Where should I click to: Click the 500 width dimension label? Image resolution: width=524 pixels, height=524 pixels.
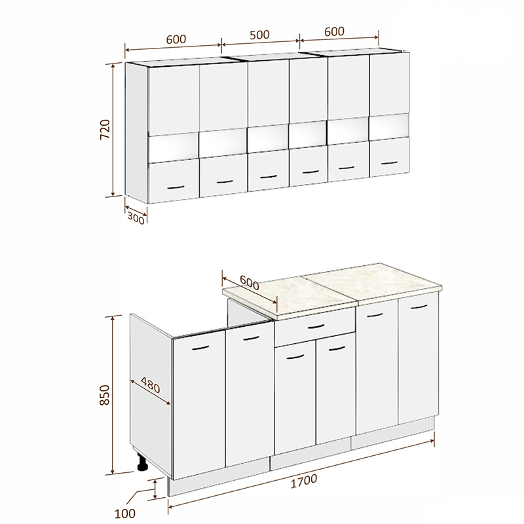click(259, 35)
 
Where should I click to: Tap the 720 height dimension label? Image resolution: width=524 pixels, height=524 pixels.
click(105, 129)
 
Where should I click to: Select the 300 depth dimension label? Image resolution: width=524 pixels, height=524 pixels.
click(136, 219)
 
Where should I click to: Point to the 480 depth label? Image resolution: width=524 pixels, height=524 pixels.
click(151, 385)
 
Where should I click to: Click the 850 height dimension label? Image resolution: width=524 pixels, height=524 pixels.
click(105, 395)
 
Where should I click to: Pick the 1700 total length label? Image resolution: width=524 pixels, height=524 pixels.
click(304, 481)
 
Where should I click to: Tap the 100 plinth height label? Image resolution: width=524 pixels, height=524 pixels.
click(124, 514)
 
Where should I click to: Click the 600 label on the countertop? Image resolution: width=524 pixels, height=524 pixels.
click(250, 283)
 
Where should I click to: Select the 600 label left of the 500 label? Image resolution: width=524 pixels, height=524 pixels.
click(176, 39)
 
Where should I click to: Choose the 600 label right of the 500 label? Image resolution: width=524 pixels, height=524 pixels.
click(334, 31)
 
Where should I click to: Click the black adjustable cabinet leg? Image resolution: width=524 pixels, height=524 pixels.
click(142, 462)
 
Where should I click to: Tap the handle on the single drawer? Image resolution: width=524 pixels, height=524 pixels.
click(316, 326)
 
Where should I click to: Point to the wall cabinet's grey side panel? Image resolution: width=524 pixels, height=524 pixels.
click(136, 133)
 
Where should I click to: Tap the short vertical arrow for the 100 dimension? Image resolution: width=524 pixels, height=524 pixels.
click(155, 489)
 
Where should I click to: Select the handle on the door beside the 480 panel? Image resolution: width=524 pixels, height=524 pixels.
click(200, 348)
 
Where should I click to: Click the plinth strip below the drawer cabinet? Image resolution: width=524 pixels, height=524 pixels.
click(310, 454)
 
